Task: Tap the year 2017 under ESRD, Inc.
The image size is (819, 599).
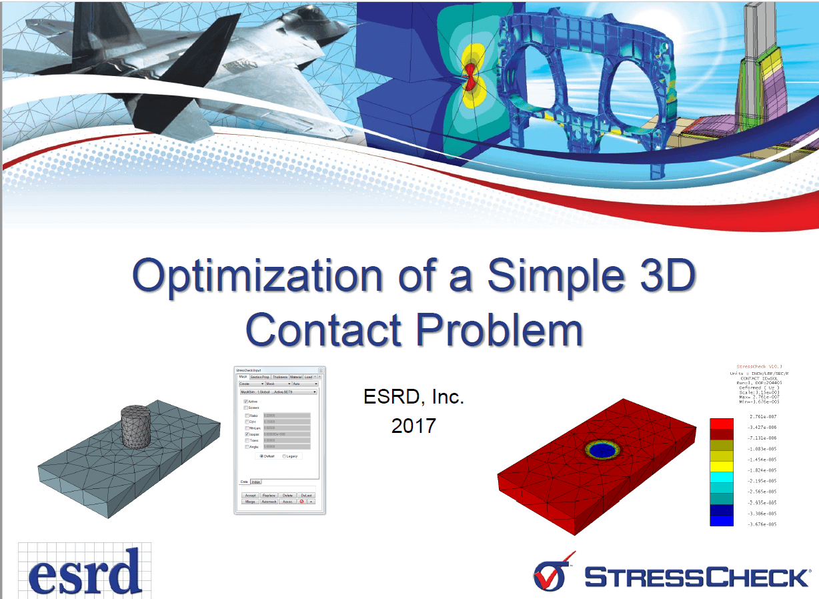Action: point(414,425)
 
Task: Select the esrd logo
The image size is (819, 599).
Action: point(85,570)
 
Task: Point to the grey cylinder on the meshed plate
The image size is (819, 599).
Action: point(138,426)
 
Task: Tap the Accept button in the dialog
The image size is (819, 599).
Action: point(250,496)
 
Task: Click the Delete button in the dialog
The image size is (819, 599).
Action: point(287,496)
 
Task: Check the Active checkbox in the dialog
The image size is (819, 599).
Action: point(247,402)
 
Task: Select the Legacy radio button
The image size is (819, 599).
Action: point(285,456)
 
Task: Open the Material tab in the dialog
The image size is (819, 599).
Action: point(296,377)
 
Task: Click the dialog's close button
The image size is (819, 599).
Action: point(320,370)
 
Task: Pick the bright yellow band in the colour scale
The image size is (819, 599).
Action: point(722,466)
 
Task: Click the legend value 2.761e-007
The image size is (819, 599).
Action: point(762,417)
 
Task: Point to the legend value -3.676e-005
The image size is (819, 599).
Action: point(762,524)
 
